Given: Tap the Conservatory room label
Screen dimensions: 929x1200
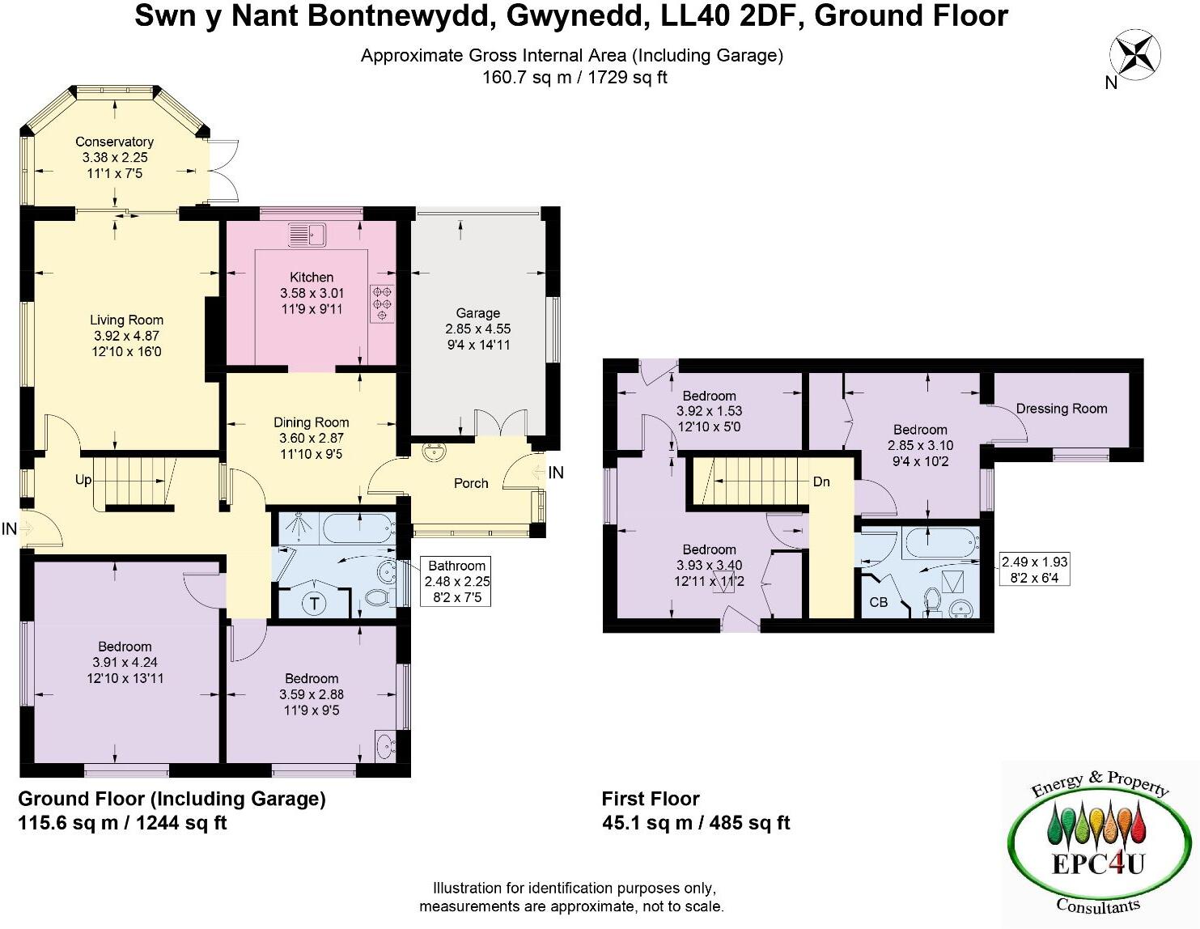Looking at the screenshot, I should coord(115,142).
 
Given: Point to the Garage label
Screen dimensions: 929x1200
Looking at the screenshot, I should coord(477,313).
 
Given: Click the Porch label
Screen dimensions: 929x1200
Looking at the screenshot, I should coord(471,483).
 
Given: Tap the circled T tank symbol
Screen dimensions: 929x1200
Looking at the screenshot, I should coord(314,603).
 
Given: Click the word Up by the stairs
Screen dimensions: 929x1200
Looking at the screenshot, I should coord(83,480).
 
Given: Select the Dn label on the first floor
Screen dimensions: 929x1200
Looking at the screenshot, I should coord(821,481).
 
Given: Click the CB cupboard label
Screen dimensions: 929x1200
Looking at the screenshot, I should coord(878,602).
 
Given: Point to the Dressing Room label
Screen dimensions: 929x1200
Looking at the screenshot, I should coord(1061,409).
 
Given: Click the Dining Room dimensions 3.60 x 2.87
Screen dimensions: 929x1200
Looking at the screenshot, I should coord(312,438).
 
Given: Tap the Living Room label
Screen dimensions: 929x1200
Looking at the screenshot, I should coord(126,320).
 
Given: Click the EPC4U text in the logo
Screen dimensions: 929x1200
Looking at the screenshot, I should coord(1098,864).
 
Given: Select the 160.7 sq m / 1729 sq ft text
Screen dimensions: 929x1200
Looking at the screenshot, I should coord(575,78).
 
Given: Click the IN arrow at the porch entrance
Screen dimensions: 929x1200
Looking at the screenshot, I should coord(540,473).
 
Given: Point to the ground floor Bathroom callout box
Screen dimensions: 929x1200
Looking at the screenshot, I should coord(457,581).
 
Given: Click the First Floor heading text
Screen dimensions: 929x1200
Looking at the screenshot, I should coord(651,799).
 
